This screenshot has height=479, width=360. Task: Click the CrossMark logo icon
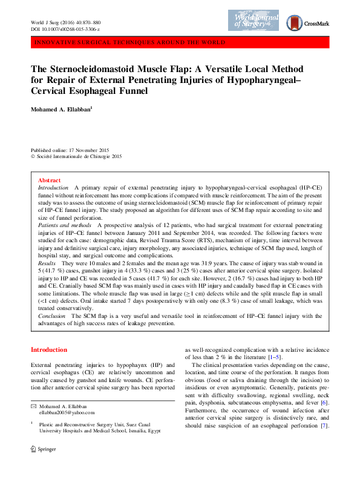click(x=296, y=23)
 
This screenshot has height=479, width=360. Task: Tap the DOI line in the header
click(x=65, y=29)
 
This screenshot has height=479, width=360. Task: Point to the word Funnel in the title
click(x=133, y=91)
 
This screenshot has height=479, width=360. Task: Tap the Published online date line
click(x=70, y=150)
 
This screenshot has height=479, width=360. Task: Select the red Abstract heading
click(x=49, y=180)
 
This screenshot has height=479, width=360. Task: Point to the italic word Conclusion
click(x=52, y=315)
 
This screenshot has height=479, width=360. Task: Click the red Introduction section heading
click(x=49, y=350)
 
